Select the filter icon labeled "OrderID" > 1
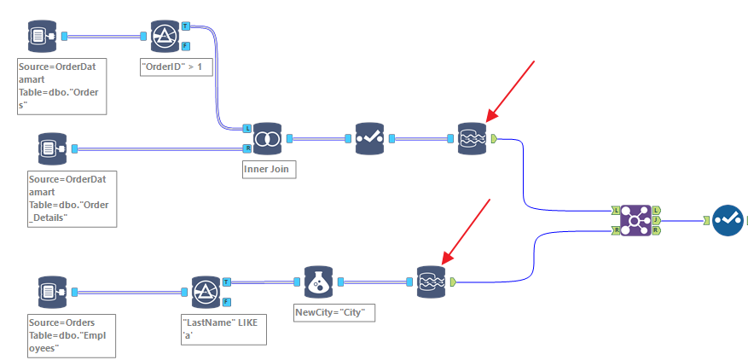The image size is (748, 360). tap(164, 37)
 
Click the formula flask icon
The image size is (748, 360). tap(318, 282)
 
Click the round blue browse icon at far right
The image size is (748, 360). tap(728, 220)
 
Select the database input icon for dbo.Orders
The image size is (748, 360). tap(38, 37)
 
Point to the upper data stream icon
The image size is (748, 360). tap(472, 138)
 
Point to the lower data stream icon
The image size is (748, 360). tap(431, 282)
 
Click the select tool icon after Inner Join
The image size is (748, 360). tap(370, 138)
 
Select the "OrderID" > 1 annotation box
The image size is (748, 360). tap(176, 67)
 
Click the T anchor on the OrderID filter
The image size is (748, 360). tap(186, 27)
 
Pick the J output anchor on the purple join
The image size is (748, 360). tap(657, 219)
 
